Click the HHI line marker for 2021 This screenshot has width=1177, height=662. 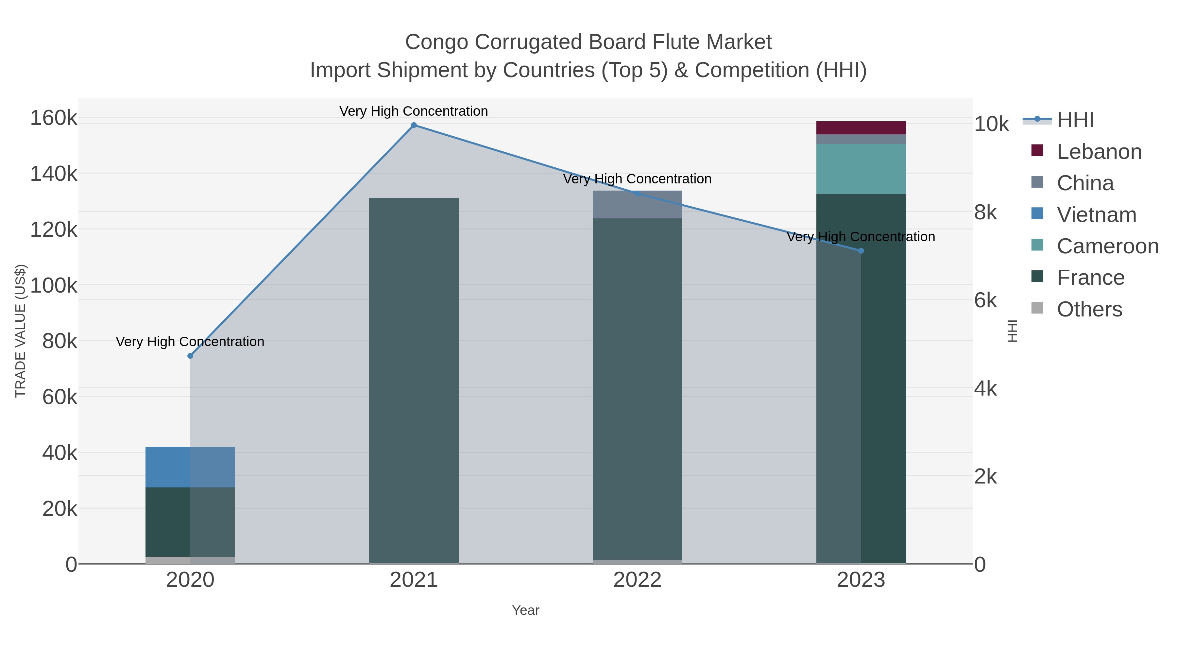point(414,125)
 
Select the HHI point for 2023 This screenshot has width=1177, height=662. point(861,251)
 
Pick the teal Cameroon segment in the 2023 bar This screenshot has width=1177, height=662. point(861,169)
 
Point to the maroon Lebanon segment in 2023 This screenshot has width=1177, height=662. point(861,128)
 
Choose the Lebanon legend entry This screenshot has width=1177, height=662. point(1099,152)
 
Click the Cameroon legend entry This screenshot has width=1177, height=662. point(1107,246)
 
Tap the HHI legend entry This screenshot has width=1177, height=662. point(1075,120)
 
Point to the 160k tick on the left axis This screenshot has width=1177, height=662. point(54,118)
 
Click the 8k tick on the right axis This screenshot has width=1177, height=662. point(985,212)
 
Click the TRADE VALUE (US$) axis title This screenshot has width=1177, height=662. point(21,331)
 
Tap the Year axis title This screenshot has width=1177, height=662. point(525,610)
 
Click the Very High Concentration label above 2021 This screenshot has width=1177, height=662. point(414,111)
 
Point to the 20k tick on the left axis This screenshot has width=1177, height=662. point(60,508)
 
